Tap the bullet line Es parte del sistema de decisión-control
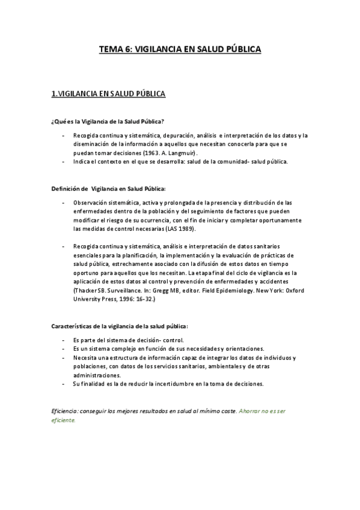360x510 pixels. click(x=124, y=340)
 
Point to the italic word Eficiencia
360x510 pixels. click(x=65, y=410)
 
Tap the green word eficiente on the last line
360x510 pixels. click(x=64, y=420)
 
